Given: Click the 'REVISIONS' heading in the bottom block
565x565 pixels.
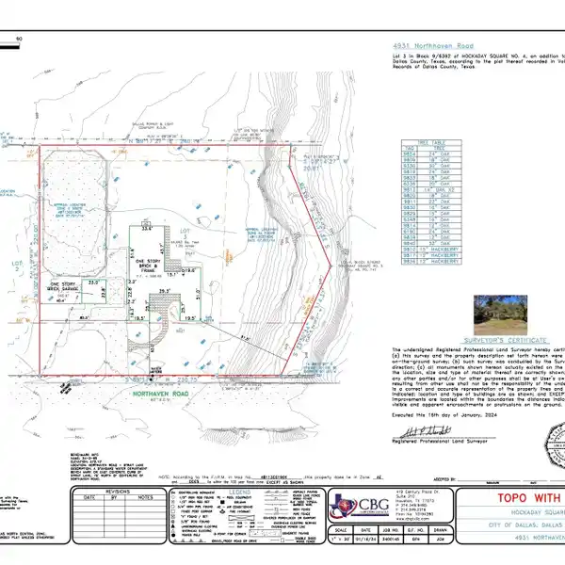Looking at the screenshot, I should (117, 492).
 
